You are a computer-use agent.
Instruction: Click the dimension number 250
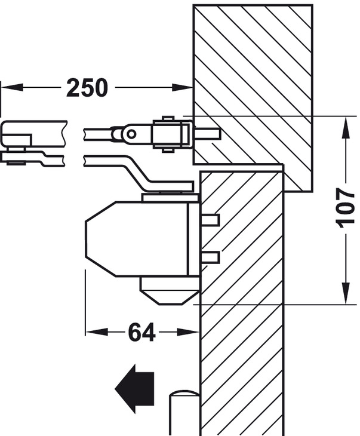87,88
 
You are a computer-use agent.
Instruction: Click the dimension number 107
346,207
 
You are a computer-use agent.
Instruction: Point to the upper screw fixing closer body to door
210,220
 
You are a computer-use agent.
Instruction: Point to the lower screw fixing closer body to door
210,257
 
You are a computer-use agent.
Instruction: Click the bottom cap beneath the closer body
168,291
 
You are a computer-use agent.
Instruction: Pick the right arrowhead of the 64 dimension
190,332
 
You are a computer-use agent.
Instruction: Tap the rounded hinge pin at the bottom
184,412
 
